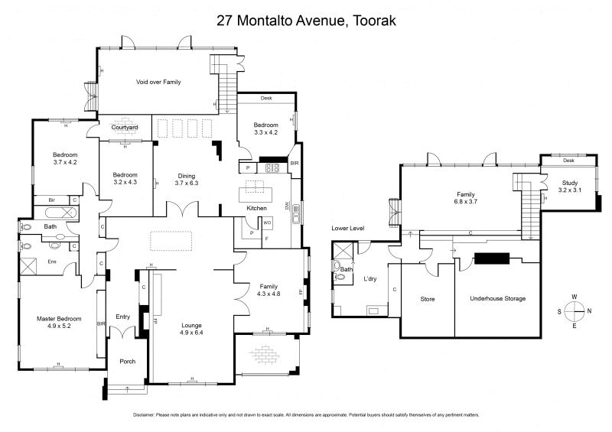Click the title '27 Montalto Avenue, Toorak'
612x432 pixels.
(x=306, y=21)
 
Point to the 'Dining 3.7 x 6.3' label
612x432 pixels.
(x=187, y=178)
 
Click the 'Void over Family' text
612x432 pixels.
(x=158, y=81)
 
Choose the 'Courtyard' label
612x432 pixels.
(x=124, y=128)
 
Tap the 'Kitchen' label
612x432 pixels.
(x=256, y=208)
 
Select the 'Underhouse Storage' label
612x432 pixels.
(x=498, y=298)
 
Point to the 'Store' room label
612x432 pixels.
(x=428, y=298)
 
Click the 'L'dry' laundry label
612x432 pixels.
(x=372, y=281)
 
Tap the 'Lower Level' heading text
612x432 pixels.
(x=347, y=229)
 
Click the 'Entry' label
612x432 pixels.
(x=123, y=316)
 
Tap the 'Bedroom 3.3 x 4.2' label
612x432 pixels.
(x=265, y=128)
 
